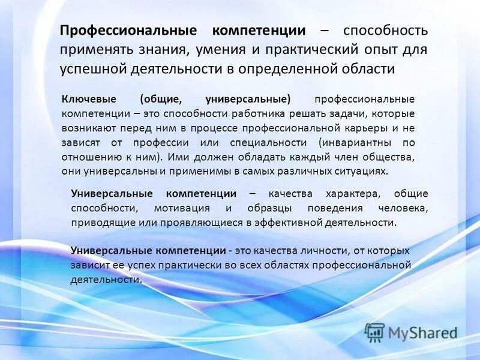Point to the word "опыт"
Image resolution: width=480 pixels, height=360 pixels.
[x=380, y=50]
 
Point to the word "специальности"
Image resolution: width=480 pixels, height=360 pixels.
[x=268, y=142]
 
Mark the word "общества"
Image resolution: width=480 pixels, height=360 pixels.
[x=388, y=157]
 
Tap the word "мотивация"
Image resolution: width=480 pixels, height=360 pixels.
[x=181, y=208]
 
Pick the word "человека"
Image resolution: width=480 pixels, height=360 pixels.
[x=403, y=208]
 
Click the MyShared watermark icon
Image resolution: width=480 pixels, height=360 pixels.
[x=375, y=332]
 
